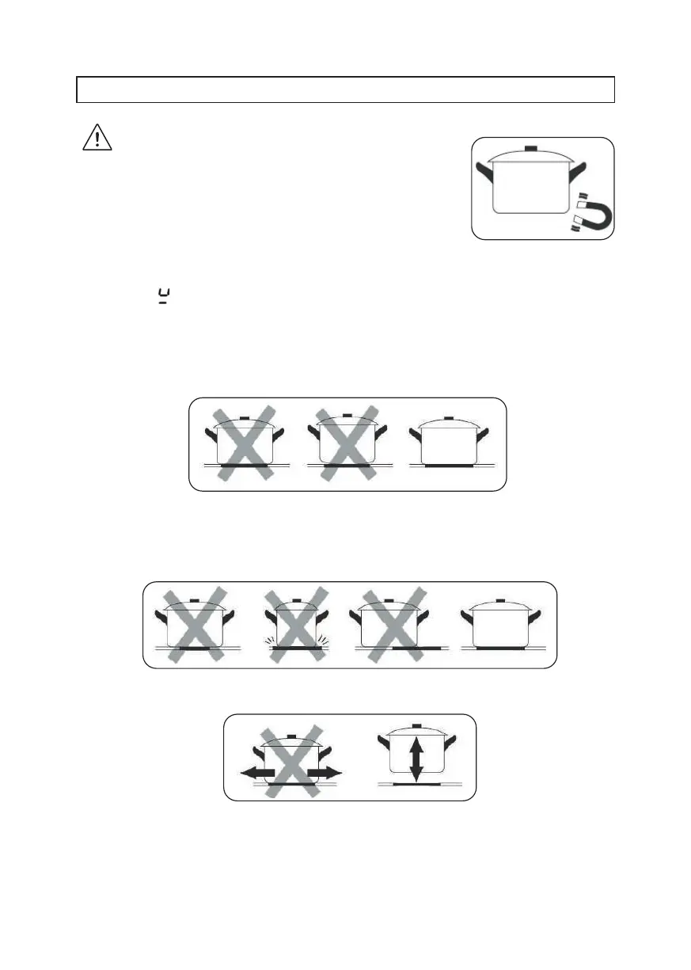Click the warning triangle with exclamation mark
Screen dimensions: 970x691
point(97,138)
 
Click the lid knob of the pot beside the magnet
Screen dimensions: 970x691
point(530,149)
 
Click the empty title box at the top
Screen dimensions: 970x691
point(345,89)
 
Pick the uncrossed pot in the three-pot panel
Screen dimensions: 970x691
point(448,443)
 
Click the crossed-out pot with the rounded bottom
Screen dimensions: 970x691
point(346,443)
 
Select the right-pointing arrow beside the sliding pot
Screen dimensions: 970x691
point(327,771)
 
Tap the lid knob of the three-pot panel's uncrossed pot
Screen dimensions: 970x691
point(448,417)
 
